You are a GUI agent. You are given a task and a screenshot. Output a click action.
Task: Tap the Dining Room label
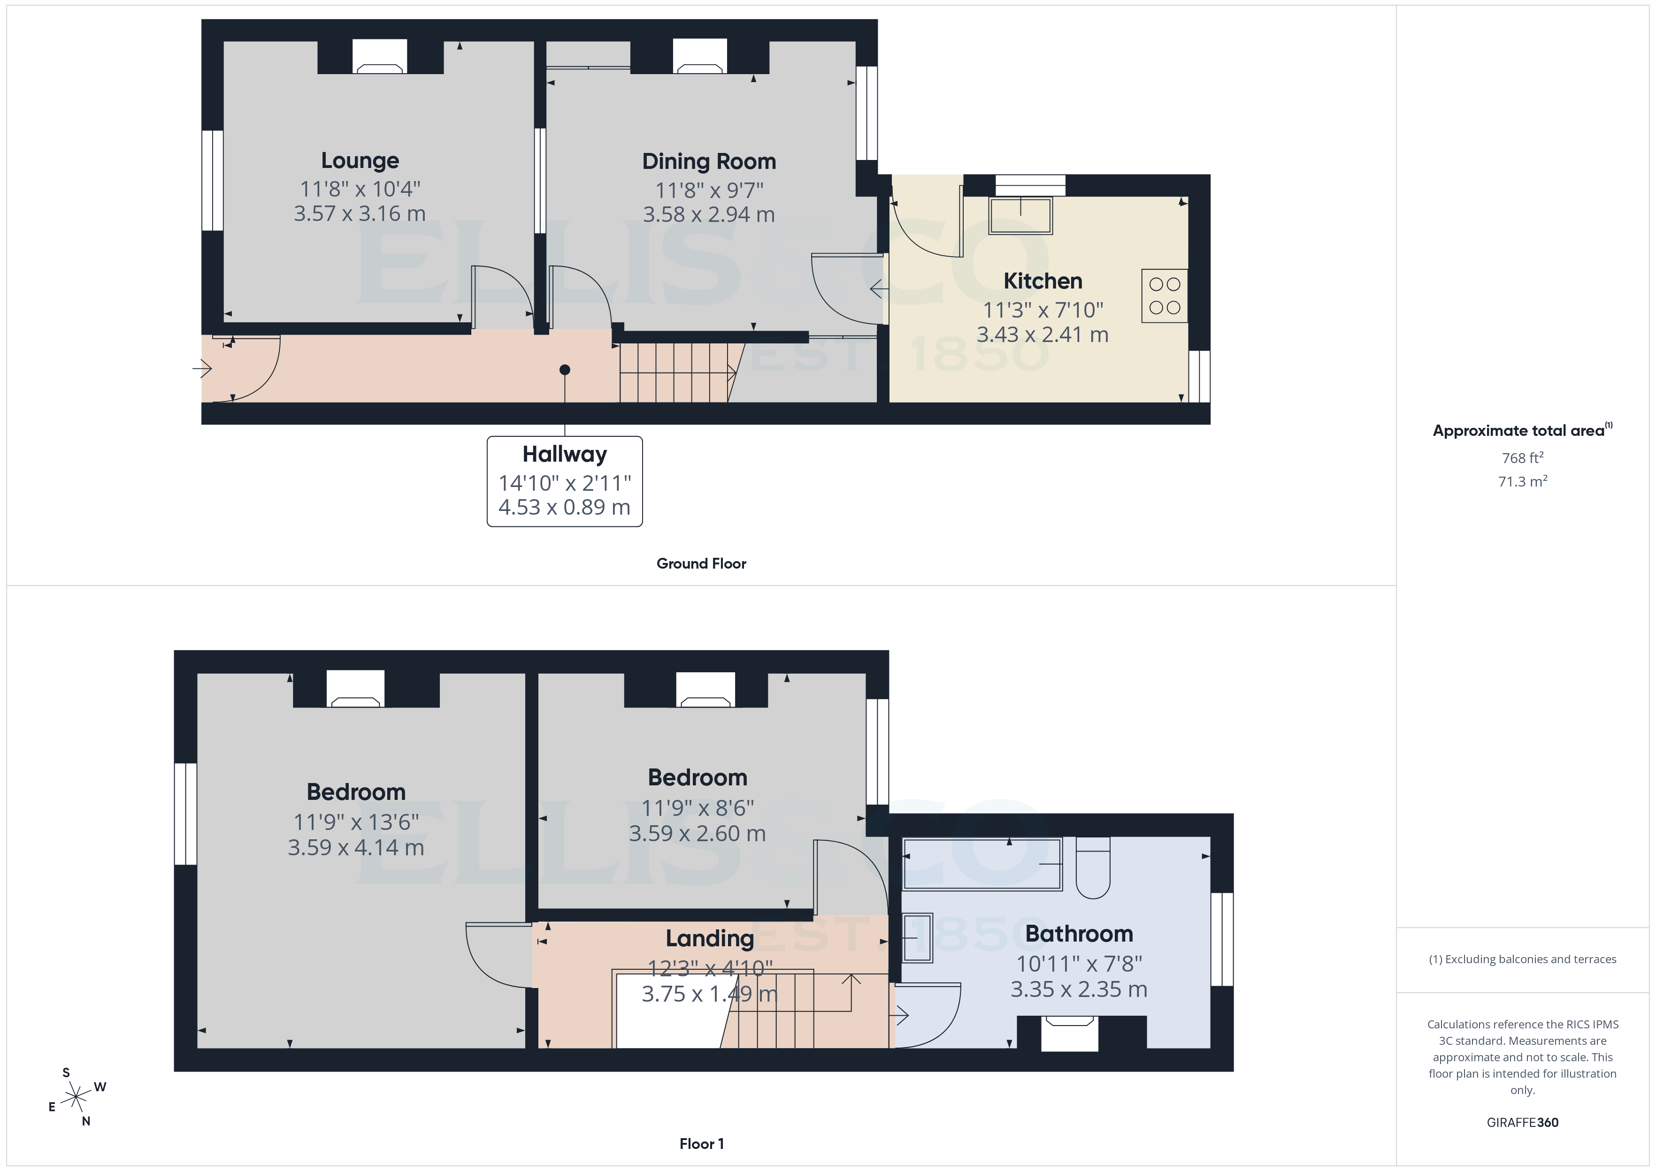coord(708,161)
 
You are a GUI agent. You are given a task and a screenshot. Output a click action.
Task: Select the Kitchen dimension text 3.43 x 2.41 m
coord(1042,335)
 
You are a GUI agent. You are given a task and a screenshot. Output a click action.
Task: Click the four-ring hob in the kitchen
coord(1164,296)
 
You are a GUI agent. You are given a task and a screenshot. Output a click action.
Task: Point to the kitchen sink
coord(1020,215)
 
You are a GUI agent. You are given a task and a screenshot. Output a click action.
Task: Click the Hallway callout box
coord(564,481)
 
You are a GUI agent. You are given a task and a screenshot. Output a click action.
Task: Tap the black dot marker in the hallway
coord(565,370)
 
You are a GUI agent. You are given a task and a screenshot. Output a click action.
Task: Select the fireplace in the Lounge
coord(379,58)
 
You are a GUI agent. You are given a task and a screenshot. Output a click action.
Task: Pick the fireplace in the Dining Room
coord(699,58)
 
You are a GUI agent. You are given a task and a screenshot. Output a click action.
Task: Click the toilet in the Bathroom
coord(1093,869)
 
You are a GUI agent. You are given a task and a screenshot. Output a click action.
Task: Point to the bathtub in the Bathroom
coord(982,864)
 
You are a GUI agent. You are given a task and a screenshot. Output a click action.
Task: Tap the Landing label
coord(709,938)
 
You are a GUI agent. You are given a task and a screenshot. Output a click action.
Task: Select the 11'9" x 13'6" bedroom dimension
coord(356,822)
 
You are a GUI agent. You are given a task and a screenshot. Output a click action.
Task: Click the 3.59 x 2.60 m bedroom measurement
coord(697,834)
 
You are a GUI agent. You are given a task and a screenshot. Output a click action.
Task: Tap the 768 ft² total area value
coord(1522,458)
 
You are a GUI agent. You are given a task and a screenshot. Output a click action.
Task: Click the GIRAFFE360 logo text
coord(1522,1122)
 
